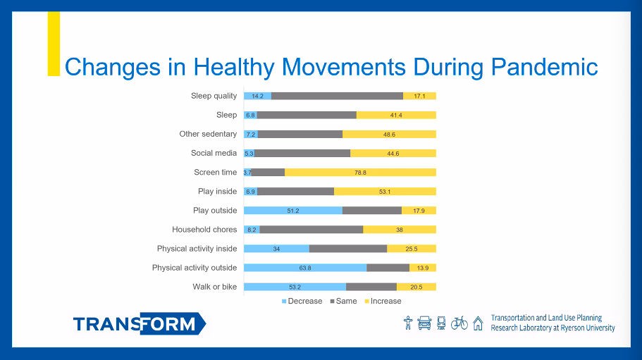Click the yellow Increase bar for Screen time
pos(360,172)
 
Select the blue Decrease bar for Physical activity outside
pos(304,268)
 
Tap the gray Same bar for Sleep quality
pos(337,96)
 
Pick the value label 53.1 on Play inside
pos(384,191)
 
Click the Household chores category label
pos(204,229)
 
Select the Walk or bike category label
pos(214,287)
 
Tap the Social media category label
pos(214,153)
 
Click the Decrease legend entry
pos(302,301)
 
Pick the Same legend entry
pos(345,301)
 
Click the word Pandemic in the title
pos(544,67)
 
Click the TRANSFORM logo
pos(139,324)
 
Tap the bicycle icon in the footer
pos(459,323)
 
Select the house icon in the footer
pos(478,323)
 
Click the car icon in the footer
pos(424,323)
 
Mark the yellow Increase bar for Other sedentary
pos(389,134)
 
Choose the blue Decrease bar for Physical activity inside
pos(276,249)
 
